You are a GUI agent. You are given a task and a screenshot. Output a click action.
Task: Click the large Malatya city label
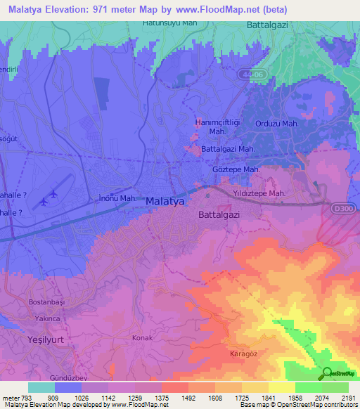pyautogui.click(x=165, y=202)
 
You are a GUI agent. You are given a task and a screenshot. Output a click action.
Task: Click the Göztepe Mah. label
pyautogui.click(x=236, y=170)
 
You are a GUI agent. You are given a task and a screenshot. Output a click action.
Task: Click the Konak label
pyautogui.click(x=142, y=338)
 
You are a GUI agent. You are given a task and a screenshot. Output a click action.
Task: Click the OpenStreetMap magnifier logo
pyautogui.click(x=326, y=373)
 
